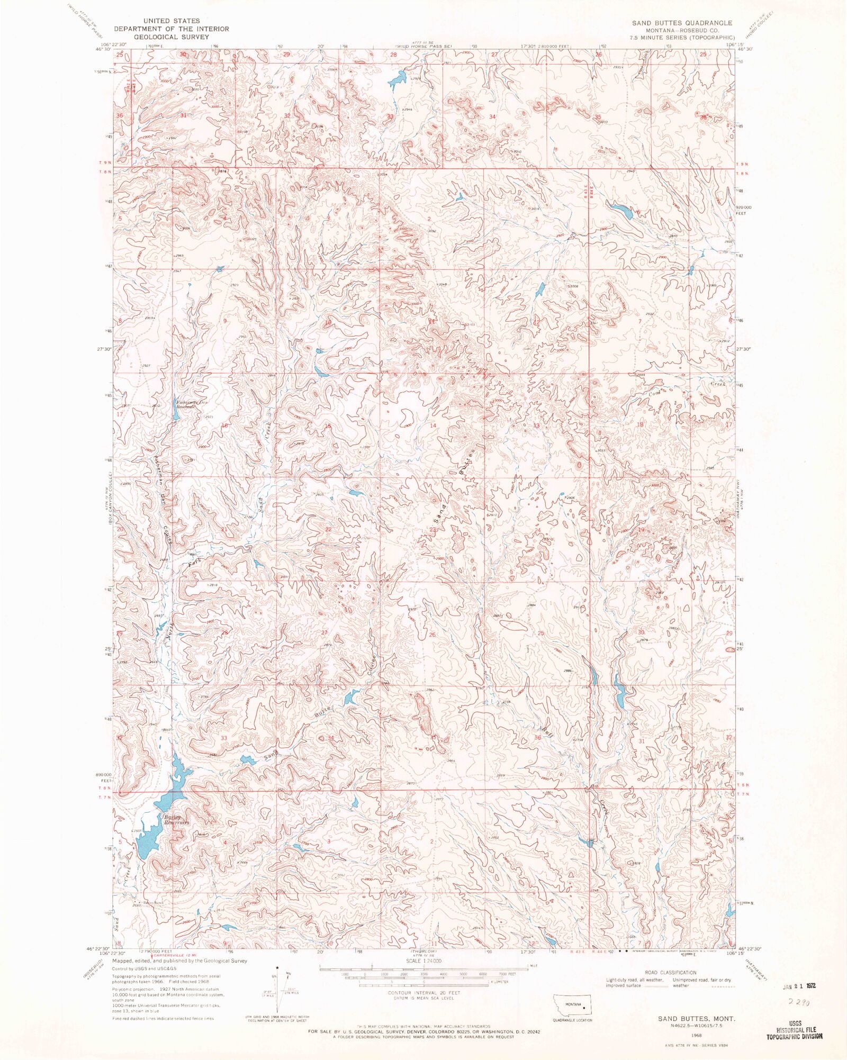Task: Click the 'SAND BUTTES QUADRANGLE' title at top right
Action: pyautogui.click(x=682, y=23)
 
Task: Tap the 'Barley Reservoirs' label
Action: pyautogui.click(x=176, y=820)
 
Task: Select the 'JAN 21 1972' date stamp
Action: pyautogui.click(x=799, y=986)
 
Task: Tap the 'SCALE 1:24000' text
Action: pyautogui.click(x=424, y=961)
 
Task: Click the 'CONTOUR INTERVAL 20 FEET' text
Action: pyautogui.click(x=424, y=993)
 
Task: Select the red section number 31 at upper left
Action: pyautogui.click(x=184, y=115)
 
